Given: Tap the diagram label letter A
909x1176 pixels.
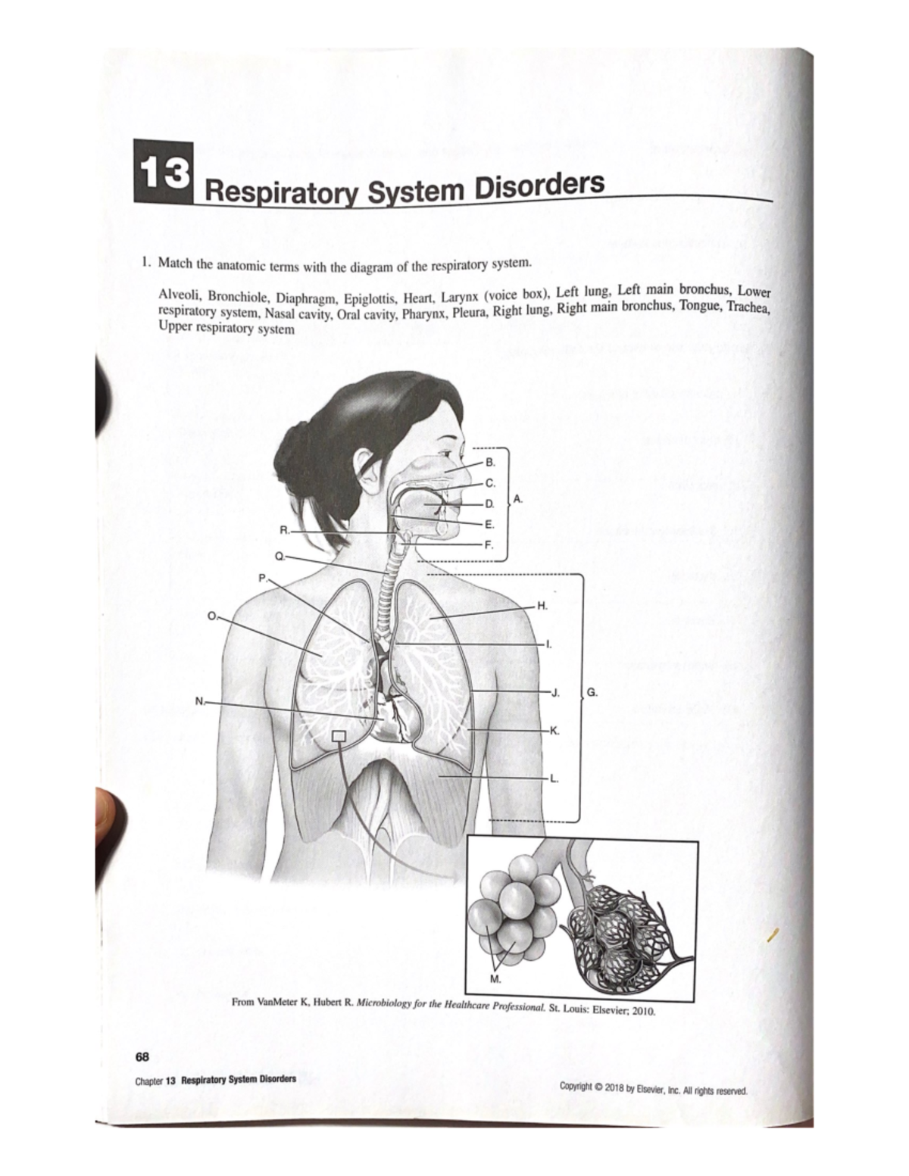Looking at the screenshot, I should click(x=517, y=499).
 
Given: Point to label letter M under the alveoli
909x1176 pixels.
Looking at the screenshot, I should click(x=495, y=978).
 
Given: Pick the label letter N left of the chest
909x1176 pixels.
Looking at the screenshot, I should click(x=199, y=700).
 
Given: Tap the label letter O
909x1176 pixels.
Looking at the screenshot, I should click(x=211, y=615).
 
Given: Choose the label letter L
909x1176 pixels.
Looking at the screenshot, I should click(x=554, y=778).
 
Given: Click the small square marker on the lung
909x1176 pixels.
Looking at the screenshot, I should click(x=339, y=736).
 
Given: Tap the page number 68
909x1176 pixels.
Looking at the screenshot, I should click(x=142, y=1056).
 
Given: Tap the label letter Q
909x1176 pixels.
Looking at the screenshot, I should click(x=280, y=556).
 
